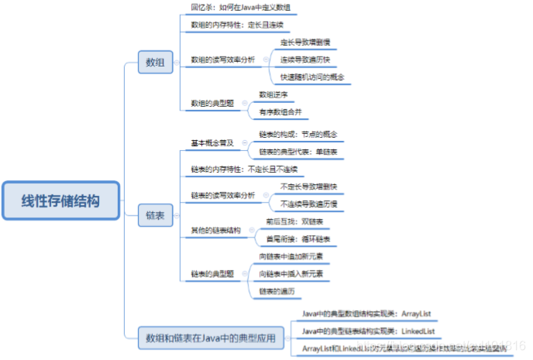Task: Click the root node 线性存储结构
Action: [x=60, y=201]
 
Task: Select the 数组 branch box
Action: [x=155, y=62]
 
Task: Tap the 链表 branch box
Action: [x=155, y=218]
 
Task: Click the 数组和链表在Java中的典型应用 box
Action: [x=209, y=338]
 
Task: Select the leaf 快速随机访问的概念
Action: [x=312, y=77]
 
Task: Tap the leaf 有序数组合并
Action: [x=283, y=112]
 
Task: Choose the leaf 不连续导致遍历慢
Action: [x=308, y=204]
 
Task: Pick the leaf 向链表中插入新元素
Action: [x=291, y=274]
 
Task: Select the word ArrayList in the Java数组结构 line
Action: [x=414, y=314]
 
